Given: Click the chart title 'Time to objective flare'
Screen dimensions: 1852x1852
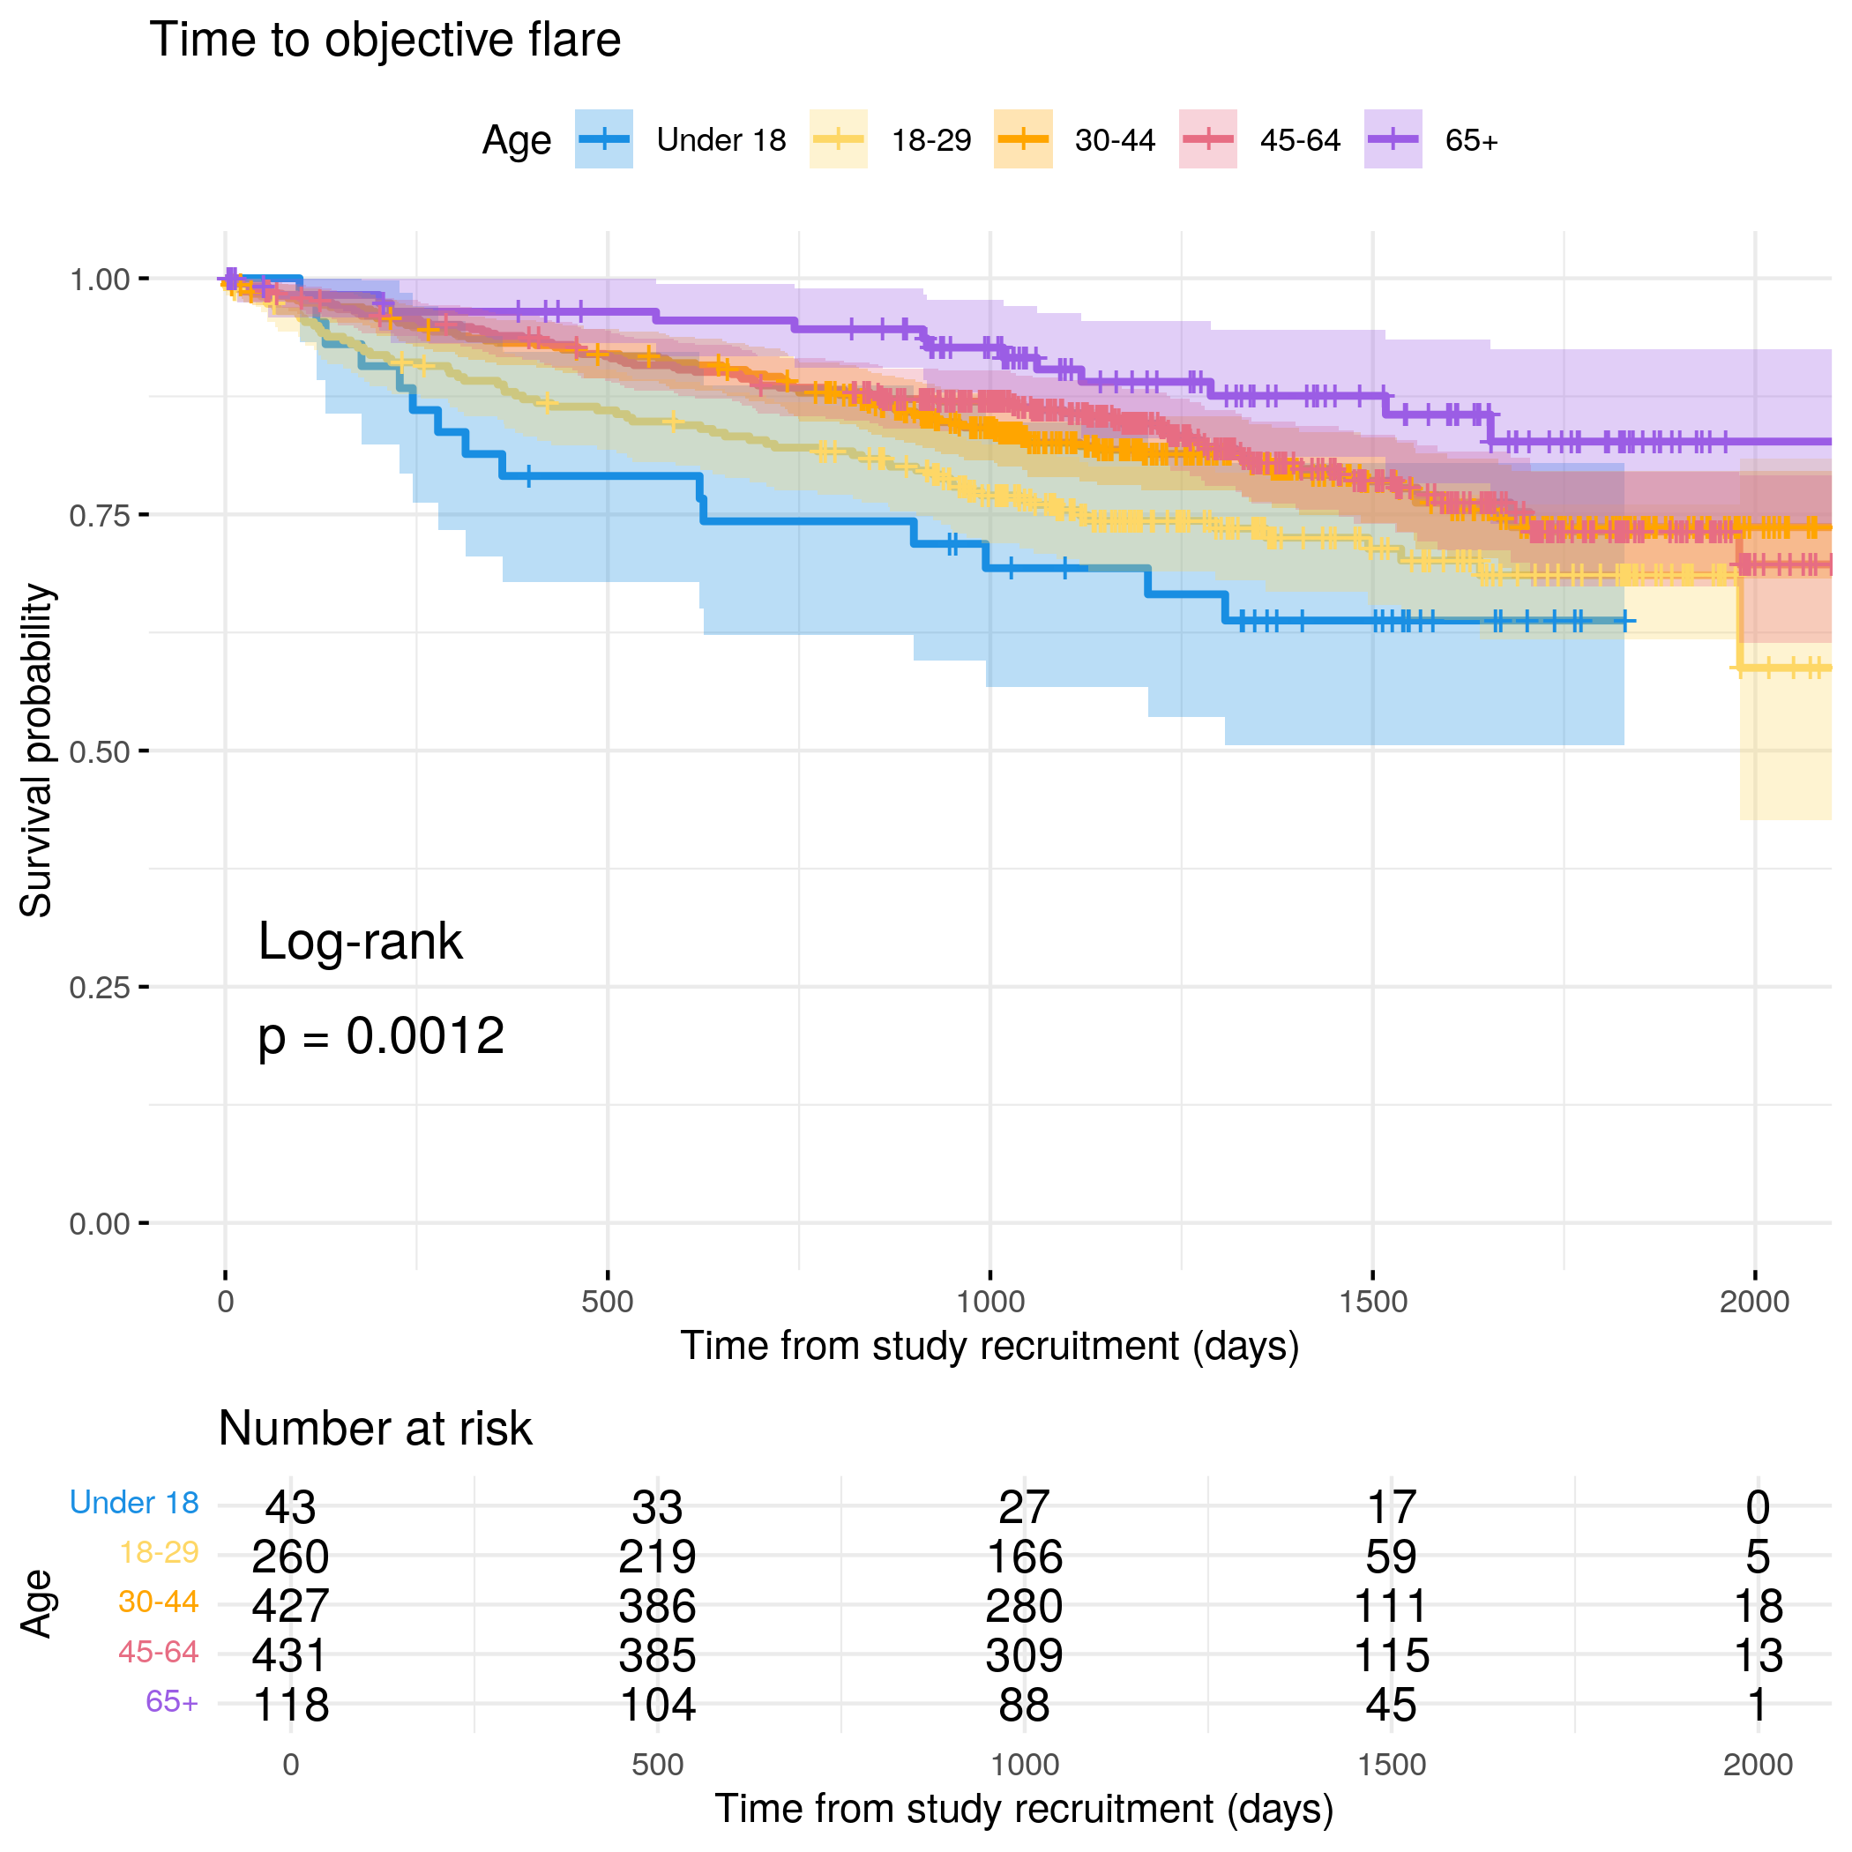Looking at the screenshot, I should (x=385, y=41).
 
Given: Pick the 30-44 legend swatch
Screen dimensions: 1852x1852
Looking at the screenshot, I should (x=1023, y=140).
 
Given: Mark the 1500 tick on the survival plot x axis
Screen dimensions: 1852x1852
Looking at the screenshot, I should (x=1373, y=1302).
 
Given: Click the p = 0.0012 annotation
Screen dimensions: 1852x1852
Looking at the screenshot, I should (x=381, y=1036).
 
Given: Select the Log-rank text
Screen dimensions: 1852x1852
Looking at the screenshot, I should (x=360, y=941).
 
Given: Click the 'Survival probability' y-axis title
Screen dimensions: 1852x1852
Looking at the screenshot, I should (x=36, y=751).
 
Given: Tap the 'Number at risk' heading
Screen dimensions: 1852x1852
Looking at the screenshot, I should (x=375, y=1429).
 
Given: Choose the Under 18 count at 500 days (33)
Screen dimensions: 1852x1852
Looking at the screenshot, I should (x=657, y=1508).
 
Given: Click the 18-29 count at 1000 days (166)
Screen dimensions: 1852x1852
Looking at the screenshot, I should (x=1024, y=1557).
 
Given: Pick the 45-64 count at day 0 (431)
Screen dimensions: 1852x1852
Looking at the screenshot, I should (x=290, y=1655).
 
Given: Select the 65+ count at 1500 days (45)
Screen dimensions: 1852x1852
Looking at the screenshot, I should (x=1391, y=1706).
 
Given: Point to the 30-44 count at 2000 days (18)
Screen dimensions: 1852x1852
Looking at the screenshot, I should (x=1757, y=1607).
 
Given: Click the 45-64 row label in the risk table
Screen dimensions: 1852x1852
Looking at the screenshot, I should (x=158, y=1653).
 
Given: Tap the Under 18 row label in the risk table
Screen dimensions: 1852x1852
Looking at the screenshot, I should (x=134, y=1503).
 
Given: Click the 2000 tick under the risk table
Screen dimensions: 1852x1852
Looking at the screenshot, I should (x=1757, y=1765).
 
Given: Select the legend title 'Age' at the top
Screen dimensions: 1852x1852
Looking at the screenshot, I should (x=516, y=140).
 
